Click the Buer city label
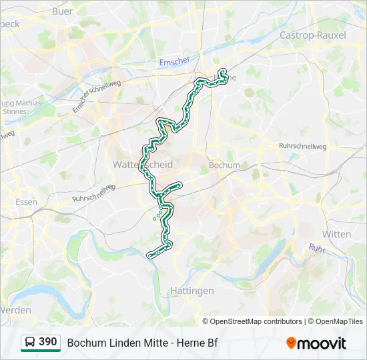(x=62, y=11)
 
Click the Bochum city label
(x=224, y=165)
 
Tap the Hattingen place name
(x=192, y=291)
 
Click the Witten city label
(x=336, y=234)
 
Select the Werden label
(x=15, y=310)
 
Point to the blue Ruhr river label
(x=318, y=248)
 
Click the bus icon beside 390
(x=30, y=343)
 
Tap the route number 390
(x=47, y=342)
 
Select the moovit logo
(x=316, y=343)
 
